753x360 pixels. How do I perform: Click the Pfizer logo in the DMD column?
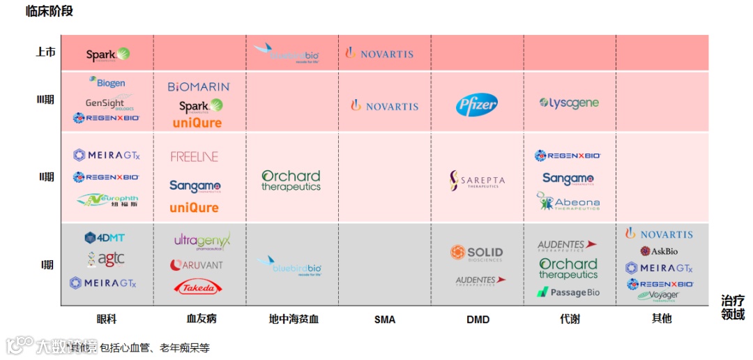[x=477, y=105]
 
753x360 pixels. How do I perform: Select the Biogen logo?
[x=107, y=82]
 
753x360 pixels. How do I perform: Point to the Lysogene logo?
[x=569, y=103]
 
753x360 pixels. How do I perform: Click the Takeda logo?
[x=198, y=287]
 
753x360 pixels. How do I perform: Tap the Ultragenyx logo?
[x=202, y=241]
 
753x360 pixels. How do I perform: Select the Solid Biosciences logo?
[x=477, y=253]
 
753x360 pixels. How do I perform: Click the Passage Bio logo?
[x=568, y=292]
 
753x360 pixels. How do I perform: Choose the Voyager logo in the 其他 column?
[x=657, y=295]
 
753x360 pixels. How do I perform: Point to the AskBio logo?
[x=659, y=251]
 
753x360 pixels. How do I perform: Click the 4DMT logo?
[x=105, y=238]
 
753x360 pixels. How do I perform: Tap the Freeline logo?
[x=195, y=157]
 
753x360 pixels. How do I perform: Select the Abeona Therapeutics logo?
[x=568, y=202]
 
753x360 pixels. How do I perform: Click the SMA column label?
[x=384, y=320]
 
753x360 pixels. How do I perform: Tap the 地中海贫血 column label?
[x=294, y=320]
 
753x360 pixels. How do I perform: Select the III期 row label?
[x=45, y=100]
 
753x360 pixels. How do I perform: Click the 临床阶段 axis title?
[x=49, y=11]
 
